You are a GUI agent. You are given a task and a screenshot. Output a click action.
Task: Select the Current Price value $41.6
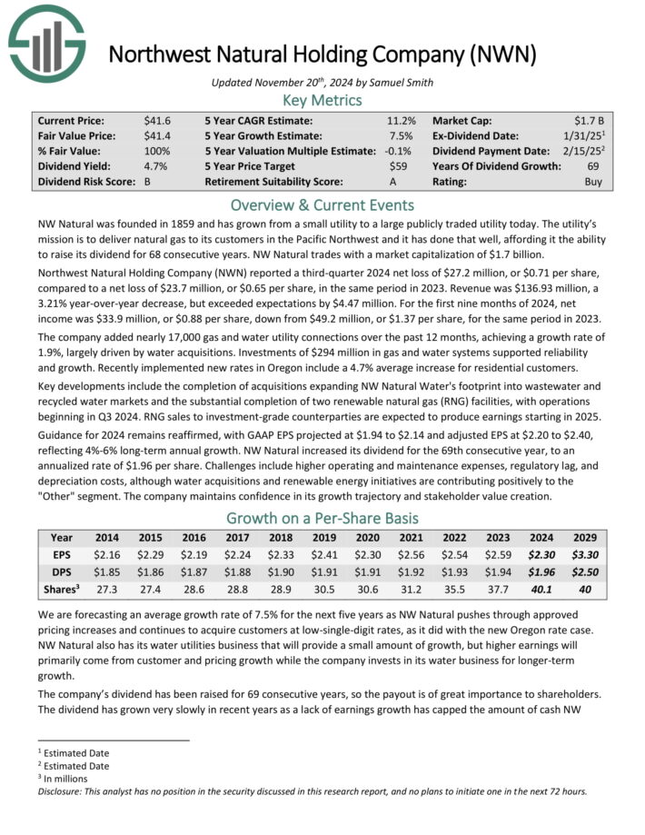pyautogui.click(x=156, y=120)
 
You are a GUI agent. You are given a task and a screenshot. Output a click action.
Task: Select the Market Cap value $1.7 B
pyautogui.click(x=590, y=120)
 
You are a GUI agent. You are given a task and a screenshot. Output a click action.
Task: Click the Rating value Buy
pyautogui.click(x=594, y=182)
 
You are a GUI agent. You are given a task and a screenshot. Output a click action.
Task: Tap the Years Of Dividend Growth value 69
pyautogui.click(x=597, y=166)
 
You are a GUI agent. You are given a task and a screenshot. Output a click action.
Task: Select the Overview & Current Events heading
pyautogui.click(x=322, y=204)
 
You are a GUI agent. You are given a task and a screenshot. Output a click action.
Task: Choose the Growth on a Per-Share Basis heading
pyautogui.click(x=322, y=519)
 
